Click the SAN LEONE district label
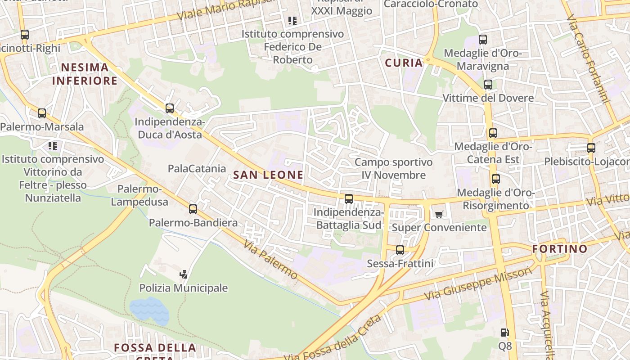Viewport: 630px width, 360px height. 269,175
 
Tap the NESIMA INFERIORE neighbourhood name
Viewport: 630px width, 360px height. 85,74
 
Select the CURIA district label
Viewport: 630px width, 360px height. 404,63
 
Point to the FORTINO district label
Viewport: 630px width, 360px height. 560,249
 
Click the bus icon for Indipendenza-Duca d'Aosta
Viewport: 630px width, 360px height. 170,108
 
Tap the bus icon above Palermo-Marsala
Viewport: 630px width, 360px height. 42,113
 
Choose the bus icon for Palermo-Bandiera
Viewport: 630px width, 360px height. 193,209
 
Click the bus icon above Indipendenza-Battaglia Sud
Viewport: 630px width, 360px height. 349,199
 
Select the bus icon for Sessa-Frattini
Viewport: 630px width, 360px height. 400,250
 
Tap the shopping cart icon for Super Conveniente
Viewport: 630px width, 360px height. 439,214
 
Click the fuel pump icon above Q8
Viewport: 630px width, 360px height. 505,333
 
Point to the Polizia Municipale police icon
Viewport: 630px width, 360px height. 183,274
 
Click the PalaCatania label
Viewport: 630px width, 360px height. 197,169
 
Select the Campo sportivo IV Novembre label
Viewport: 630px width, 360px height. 393,168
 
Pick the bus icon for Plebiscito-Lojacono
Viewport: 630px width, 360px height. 591,148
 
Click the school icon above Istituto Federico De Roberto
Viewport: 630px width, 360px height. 292,21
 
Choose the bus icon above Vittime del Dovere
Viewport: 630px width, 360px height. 488,85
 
